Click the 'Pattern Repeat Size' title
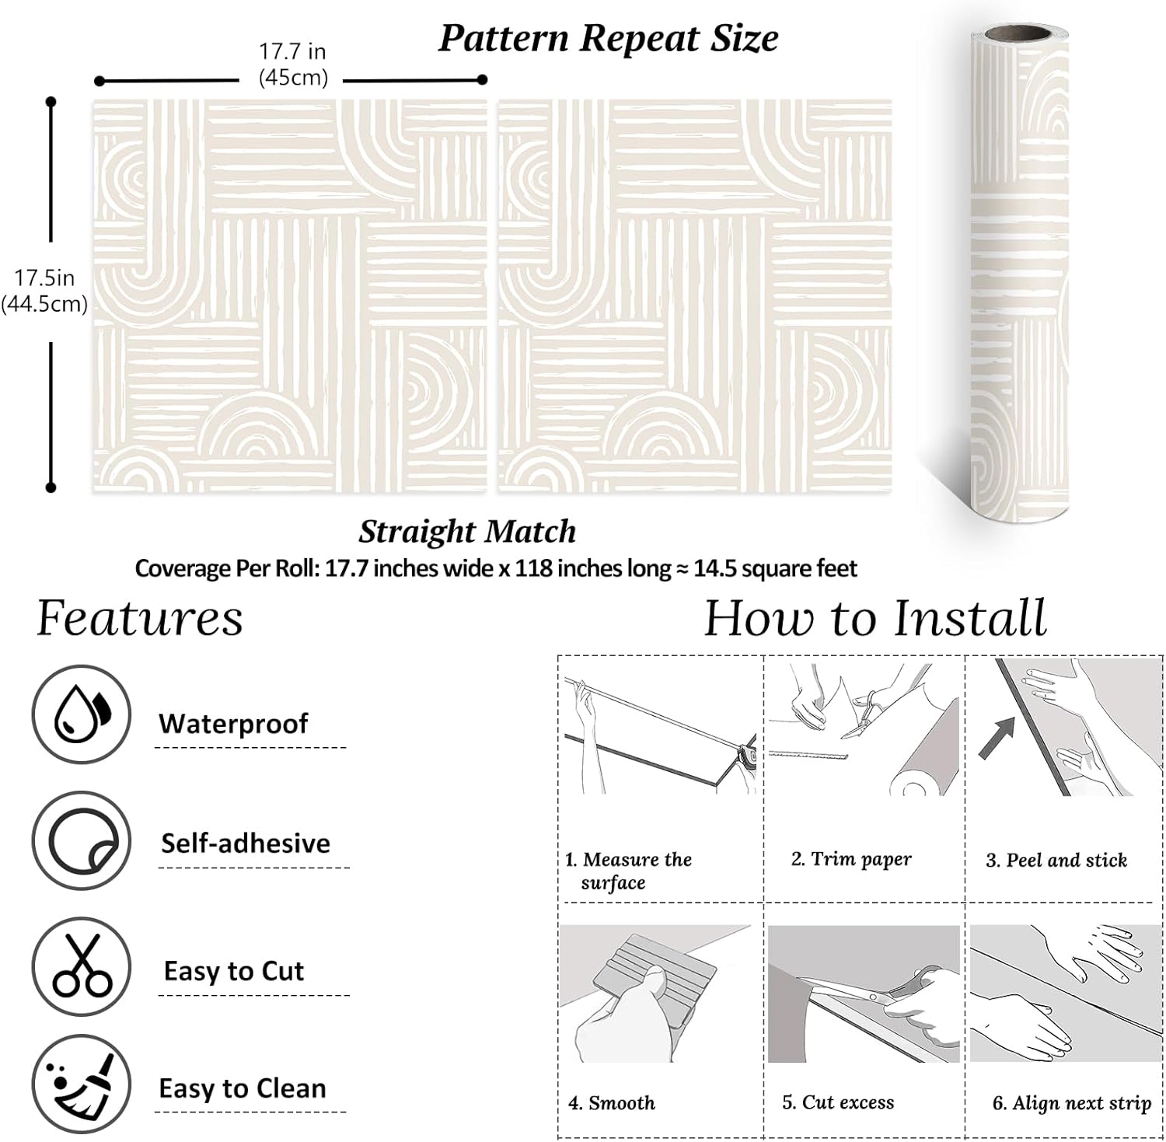pyautogui.click(x=608, y=39)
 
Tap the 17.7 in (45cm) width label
pyautogui.click(x=292, y=65)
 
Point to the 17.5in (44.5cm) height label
pyautogui.click(x=44, y=291)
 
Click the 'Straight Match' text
pyautogui.click(x=467, y=532)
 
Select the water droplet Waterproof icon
pyautogui.click(x=81, y=714)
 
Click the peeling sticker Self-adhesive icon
pyautogui.click(x=81, y=841)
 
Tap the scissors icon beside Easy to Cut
pyautogui.click(x=81, y=968)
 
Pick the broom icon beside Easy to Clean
pyautogui.click(x=81, y=1084)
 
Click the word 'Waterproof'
pyautogui.click(x=233, y=724)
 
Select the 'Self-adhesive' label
pyautogui.click(x=246, y=843)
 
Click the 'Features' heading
pyautogui.click(x=140, y=619)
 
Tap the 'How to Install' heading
pyautogui.click(x=875, y=619)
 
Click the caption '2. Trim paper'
pyautogui.click(x=851, y=859)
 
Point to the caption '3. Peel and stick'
pyautogui.click(x=1056, y=860)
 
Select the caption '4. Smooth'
pyautogui.click(x=611, y=1102)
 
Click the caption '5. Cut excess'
pyautogui.click(x=838, y=1102)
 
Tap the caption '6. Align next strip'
pyautogui.click(x=1071, y=1103)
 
